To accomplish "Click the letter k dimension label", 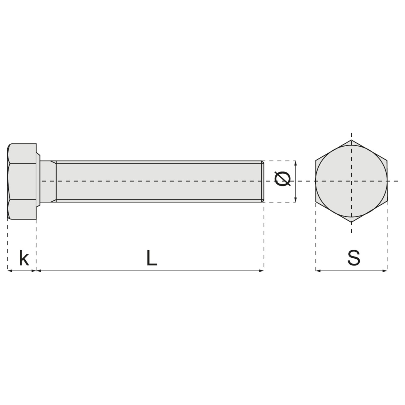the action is pyautogui.click(x=24, y=258).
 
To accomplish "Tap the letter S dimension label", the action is pyautogui.click(x=353, y=258).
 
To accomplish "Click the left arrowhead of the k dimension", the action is pyautogui.click(x=10, y=270).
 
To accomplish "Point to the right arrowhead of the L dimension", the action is pyautogui.click(x=261, y=270).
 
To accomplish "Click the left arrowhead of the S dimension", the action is pyautogui.click(x=318, y=270).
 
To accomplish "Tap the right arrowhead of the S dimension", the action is pyautogui.click(x=385, y=270).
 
